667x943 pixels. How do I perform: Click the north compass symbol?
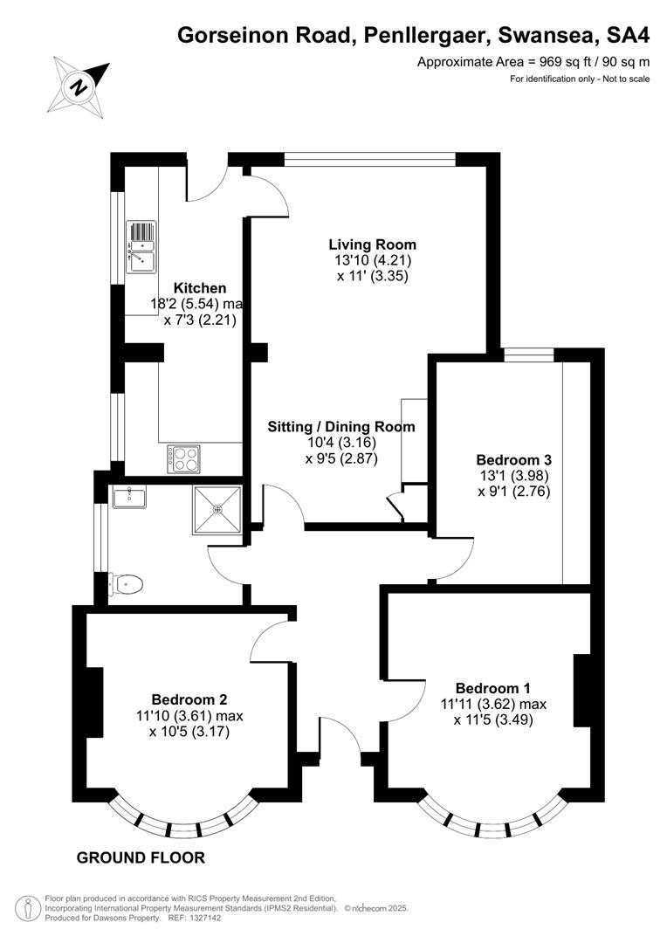point(79,86)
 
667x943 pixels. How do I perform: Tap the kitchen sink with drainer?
point(141,246)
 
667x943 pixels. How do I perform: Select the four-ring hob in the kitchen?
point(183,459)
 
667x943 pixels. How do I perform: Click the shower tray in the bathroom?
point(217,509)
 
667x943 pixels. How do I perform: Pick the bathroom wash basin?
point(128,497)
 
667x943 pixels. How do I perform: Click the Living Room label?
point(372,244)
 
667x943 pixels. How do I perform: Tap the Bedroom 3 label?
point(513,460)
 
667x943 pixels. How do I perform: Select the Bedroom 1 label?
point(493,688)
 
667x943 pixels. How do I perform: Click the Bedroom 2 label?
point(189,699)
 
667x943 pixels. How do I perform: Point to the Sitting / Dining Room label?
point(341,427)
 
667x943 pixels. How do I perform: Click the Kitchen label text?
point(200,288)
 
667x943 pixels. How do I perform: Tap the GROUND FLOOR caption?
point(141,857)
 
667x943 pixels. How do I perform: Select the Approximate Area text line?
point(533,61)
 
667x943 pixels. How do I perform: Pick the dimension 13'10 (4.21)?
point(373,260)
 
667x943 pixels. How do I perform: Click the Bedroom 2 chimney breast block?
point(93,702)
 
